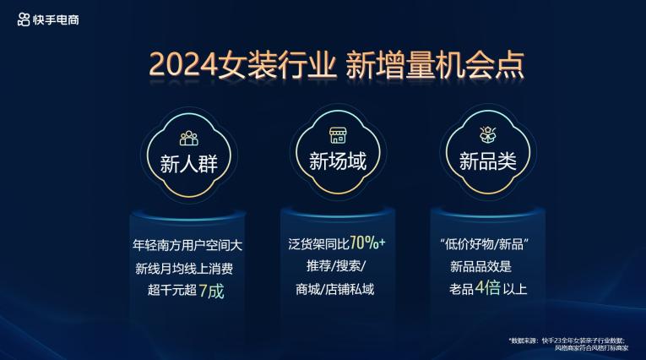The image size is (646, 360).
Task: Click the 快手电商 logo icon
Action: pyautogui.click(x=24, y=19)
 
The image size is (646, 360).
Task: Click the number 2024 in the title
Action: pyautogui.click(x=182, y=65)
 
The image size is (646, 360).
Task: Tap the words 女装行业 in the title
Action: pyautogui.click(x=277, y=65)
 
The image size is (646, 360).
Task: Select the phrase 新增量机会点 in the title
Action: pyautogui.click(x=435, y=65)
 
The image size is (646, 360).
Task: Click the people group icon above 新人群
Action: pyautogui.click(x=188, y=138)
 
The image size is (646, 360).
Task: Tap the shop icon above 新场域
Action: pyautogui.click(x=338, y=135)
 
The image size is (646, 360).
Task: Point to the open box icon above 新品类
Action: pyautogui.click(x=488, y=135)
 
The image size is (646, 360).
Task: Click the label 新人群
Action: pyautogui.click(x=188, y=164)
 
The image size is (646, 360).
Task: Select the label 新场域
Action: pyautogui.click(x=338, y=161)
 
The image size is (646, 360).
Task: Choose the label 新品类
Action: pyautogui.click(x=488, y=161)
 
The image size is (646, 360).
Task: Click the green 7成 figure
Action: pyautogui.click(x=211, y=292)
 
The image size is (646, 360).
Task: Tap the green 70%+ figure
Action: pyautogui.click(x=367, y=243)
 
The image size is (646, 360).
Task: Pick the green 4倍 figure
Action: pyautogui.click(x=488, y=288)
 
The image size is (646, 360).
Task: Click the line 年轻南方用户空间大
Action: pyautogui.click(x=187, y=245)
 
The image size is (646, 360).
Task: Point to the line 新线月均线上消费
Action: pyautogui.click(x=184, y=269)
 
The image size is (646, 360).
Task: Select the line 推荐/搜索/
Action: pyautogui.click(x=336, y=266)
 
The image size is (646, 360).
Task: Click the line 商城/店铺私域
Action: pyautogui.click(x=334, y=289)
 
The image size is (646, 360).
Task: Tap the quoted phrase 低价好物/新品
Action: pyautogui.click(x=485, y=244)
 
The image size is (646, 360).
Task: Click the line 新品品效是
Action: pyautogui.click(x=480, y=266)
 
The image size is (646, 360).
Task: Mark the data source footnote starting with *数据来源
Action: pyautogui.click(x=568, y=344)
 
